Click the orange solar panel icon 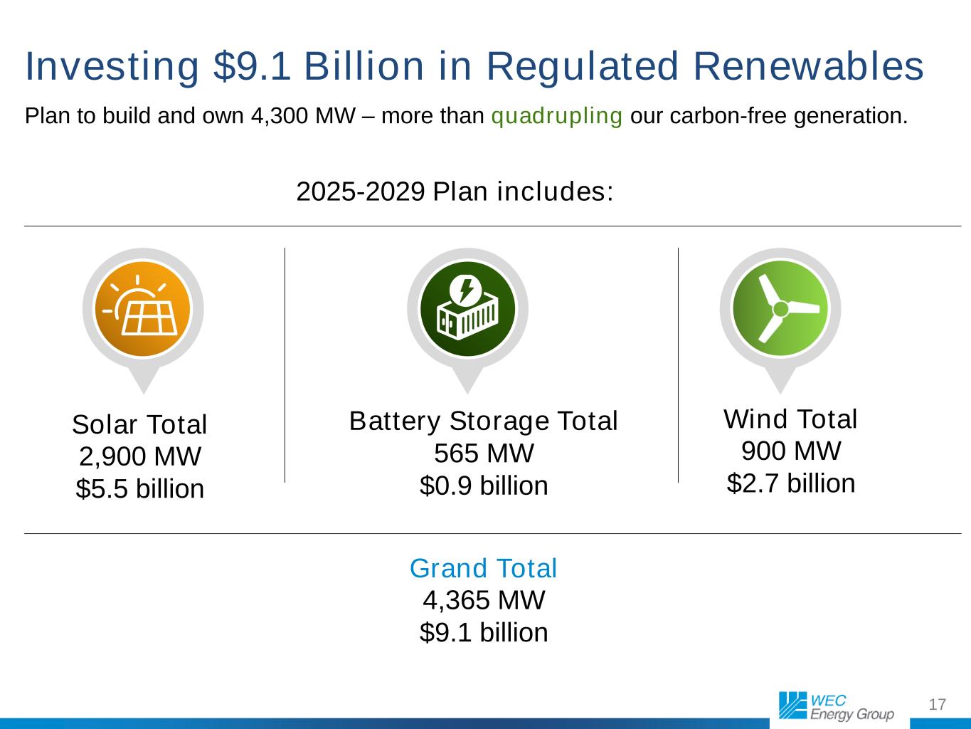143,309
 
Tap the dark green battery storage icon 467,309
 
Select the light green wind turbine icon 780,308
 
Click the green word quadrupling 556,116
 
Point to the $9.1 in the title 252,66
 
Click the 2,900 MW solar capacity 140,456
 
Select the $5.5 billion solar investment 140,488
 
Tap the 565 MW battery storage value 484,453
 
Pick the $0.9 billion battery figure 484,485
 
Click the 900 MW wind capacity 791,451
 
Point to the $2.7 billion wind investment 791,483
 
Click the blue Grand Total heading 483,568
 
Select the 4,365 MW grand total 484,600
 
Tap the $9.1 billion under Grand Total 484,632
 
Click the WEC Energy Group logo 837,706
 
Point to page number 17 938,704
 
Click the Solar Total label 139,424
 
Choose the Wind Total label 790,419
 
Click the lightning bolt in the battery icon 466,290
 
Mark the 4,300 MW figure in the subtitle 303,116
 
